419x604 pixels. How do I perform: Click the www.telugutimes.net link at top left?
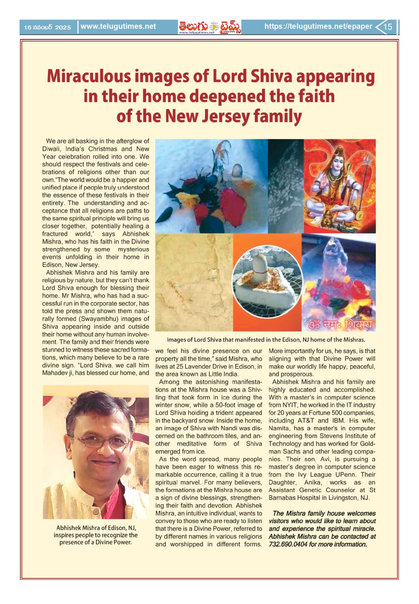click(118, 27)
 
